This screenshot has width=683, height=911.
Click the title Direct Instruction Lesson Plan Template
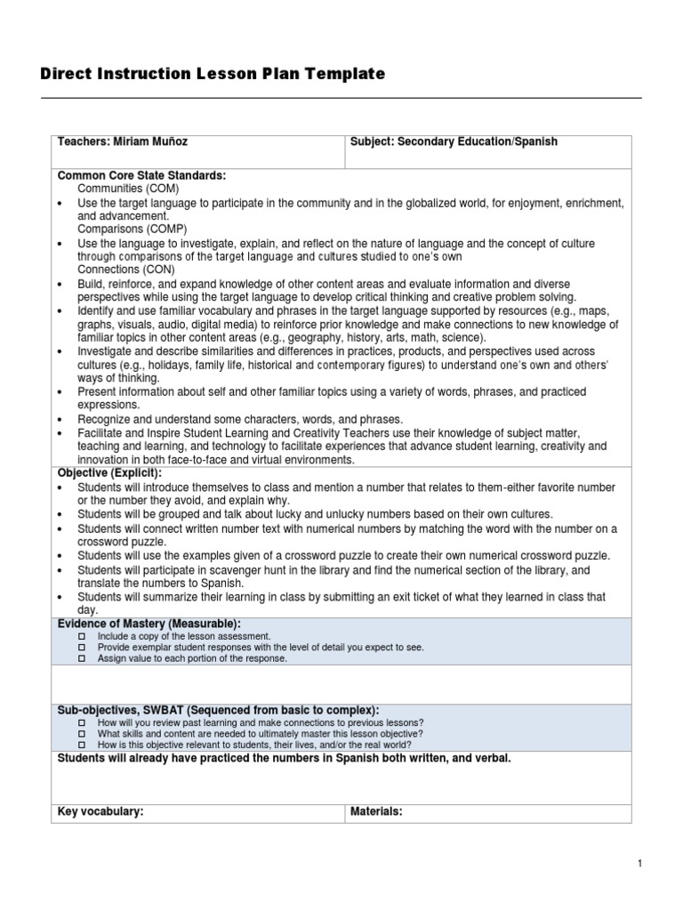point(213,75)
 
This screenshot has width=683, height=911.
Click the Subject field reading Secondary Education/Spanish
point(454,142)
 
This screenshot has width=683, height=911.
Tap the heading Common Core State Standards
point(142,176)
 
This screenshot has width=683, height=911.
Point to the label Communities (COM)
point(128,189)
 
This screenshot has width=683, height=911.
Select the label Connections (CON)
point(126,269)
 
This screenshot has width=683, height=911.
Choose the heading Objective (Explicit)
point(109,473)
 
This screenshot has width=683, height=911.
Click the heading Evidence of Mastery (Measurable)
point(149,625)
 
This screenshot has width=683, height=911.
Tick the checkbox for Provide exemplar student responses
point(81,649)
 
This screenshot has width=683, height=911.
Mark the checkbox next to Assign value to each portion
point(81,659)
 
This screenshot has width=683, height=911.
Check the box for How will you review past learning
point(81,723)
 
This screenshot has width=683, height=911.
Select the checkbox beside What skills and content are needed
point(81,734)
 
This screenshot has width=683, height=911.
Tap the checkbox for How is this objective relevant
point(81,745)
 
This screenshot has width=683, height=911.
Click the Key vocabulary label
point(100,811)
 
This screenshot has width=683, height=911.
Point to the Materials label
point(377,811)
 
